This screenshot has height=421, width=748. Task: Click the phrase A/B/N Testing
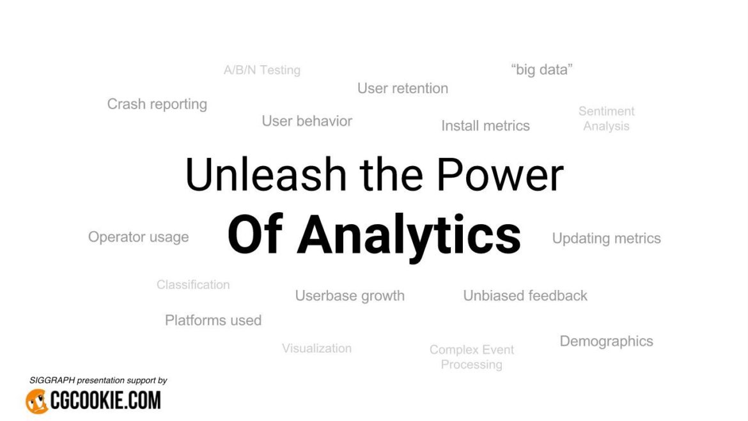click(262, 70)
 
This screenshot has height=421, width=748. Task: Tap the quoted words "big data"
click(542, 70)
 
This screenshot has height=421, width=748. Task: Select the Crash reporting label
click(157, 104)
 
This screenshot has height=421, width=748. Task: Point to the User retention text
click(403, 88)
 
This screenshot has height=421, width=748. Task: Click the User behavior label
click(307, 121)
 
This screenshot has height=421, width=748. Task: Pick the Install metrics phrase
click(485, 126)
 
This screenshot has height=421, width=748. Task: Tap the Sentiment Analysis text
click(606, 119)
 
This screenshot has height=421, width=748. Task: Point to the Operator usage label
click(139, 237)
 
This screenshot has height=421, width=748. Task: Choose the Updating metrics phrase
click(606, 238)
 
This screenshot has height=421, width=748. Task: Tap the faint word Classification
click(193, 285)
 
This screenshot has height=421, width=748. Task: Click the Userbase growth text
click(350, 296)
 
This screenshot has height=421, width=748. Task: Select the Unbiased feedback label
click(525, 296)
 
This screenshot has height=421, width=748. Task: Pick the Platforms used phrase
click(213, 320)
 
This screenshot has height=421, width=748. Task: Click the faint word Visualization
click(316, 348)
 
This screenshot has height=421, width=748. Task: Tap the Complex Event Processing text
click(472, 357)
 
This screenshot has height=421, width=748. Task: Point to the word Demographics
click(606, 341)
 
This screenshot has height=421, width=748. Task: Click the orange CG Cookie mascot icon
click(37, 401)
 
